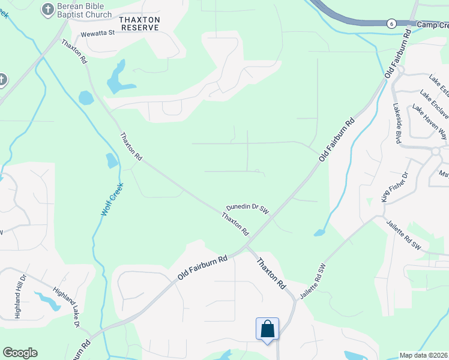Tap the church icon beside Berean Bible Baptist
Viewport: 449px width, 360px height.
point(47,10)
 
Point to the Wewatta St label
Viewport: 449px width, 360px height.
point(97,33)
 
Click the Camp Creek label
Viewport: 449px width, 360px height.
point(433,25)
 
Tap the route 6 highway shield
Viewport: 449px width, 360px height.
point(391,23)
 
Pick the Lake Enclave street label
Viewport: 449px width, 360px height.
point(434,103)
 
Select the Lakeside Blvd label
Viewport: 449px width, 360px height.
point(397,123)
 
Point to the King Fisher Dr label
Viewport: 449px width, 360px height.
point(394,187)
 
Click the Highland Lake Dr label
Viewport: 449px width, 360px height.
point(66,307)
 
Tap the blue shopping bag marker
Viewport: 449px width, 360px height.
point(267,329)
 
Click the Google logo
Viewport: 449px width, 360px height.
point(20,353)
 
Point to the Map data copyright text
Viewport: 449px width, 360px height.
point(424,355)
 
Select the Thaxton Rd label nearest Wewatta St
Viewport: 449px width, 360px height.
point(74,52)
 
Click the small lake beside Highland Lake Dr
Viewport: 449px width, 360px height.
point(48,300)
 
